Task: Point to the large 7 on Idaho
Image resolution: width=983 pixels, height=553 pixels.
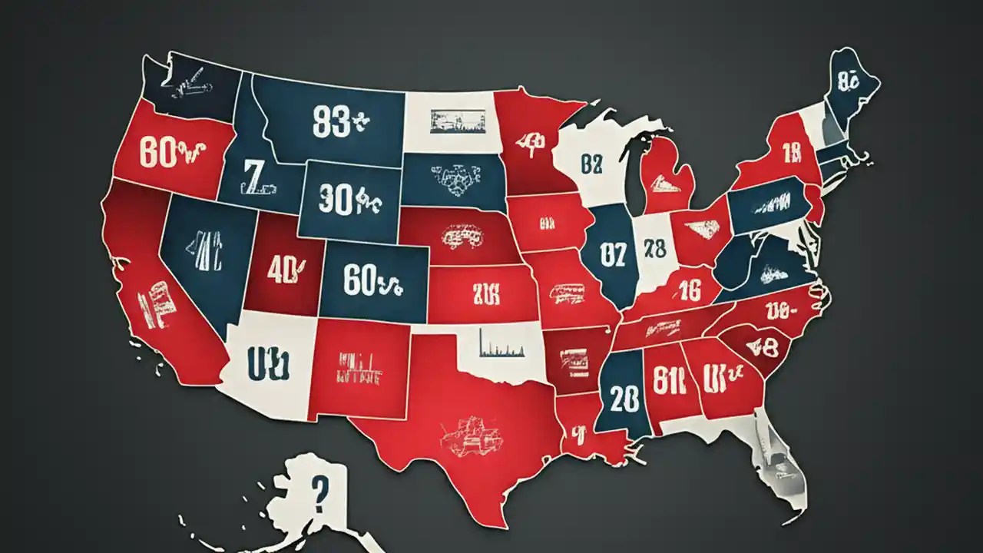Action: click(251, 176)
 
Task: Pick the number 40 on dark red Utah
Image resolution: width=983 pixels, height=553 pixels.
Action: click(283, 271)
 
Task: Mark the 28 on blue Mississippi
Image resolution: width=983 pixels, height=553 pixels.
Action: click(621, 399)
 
